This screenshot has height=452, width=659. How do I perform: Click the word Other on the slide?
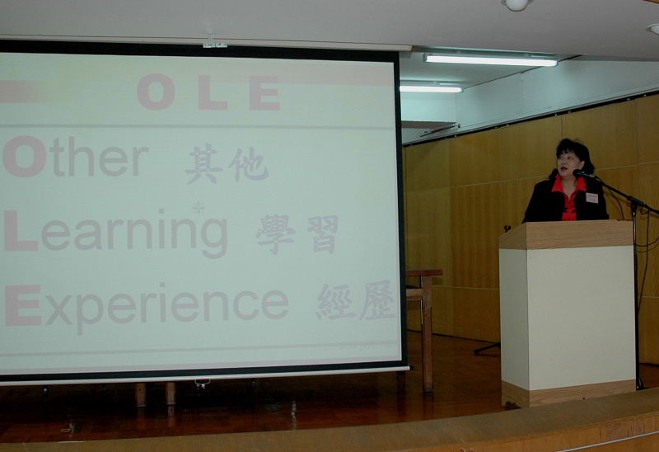pyautogui.click(x=76, y=156)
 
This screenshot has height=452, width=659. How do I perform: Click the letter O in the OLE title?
pyautogui.click(x=156, y=92)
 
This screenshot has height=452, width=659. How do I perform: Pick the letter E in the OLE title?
pyautogui.click(x=264, y=92)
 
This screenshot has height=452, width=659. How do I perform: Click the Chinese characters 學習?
pyautogui.click(x=297, y=234)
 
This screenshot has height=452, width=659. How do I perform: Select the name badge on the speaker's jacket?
pyautogui.click(x=591, y=198)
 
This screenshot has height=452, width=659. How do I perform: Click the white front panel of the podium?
pyautogui.click(x=582, y=318)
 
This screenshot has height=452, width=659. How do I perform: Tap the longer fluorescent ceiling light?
pyautogui.click(x=490, y=60)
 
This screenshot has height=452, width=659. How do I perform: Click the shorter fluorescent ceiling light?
pyautogui.click(x=431, y=88)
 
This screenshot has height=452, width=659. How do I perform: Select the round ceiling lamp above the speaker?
pyautogui.click(x=517, y=5)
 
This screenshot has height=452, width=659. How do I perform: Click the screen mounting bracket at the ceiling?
pyautogui.click(x=214, y=43)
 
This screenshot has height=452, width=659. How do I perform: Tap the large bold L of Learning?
pyautogui.click(x=20, y=231)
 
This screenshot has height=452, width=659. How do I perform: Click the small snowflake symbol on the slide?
pyautogui.click(x=199, y=207)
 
